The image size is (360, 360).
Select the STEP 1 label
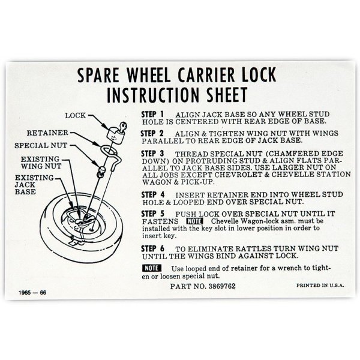tap(152, 114)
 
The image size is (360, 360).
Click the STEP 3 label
tap(152, 154)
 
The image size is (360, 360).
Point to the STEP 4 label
tap(153, 194)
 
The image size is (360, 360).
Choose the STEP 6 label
tap(153, 248)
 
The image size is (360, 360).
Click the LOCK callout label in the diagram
tap(76, 115)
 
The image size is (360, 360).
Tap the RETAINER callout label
tap(47, 133)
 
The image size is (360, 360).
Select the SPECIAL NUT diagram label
tap(41, 145)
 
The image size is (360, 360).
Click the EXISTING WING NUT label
tap(41, 163)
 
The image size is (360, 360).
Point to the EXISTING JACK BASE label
tap(34, 185)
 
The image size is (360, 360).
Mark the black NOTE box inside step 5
tap(194, 221)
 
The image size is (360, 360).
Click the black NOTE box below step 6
tap(152, 268)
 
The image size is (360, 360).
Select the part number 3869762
tap(222, 286)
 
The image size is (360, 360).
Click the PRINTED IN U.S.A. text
tap(320, 286)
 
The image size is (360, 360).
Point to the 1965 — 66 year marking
tap(32, 293)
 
